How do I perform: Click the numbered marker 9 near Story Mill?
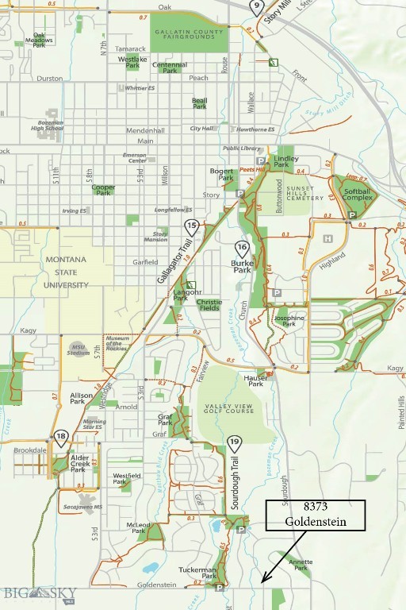255,6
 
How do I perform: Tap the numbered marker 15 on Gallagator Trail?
191,227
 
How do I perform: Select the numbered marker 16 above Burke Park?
242,249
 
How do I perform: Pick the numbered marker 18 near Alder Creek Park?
61,437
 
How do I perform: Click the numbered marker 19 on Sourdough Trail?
233,442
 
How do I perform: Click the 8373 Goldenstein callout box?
315,515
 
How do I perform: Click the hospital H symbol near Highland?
327,237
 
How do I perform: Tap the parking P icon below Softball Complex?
352,215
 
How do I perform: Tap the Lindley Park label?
286,161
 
